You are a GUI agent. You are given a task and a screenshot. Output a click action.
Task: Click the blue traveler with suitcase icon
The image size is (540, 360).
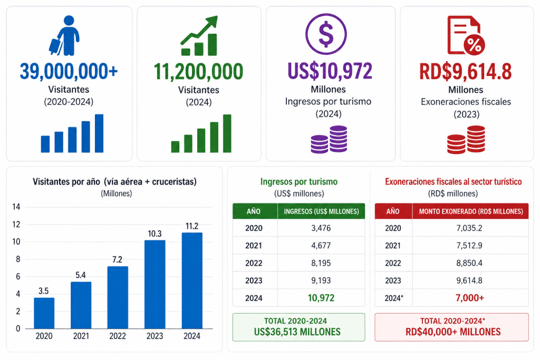point(64,35)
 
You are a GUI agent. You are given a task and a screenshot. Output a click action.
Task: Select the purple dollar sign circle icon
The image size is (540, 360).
point(326,34)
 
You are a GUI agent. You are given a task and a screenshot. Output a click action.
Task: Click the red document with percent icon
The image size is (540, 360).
point(466,35)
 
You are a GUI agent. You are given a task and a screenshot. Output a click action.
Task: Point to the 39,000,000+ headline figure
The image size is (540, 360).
point(69,71)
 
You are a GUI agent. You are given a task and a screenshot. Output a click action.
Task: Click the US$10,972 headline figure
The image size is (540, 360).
point(330,71)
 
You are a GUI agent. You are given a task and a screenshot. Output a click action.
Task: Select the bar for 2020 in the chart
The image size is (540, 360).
point(44,313)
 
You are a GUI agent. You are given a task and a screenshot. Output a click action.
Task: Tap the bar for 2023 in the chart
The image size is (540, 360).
point(155,284)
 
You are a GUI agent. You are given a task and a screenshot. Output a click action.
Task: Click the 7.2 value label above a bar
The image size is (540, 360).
point(117,259)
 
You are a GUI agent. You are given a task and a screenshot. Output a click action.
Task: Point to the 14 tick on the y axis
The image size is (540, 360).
point(16,207)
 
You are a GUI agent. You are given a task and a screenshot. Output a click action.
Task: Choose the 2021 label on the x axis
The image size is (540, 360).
point(81,336)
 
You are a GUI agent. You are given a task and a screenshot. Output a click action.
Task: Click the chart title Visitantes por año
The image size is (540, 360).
point(66,182)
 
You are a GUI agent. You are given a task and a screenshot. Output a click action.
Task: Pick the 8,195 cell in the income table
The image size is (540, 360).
point(321,263)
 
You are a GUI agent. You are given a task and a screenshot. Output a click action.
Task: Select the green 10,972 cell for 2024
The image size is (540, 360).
point(321,298)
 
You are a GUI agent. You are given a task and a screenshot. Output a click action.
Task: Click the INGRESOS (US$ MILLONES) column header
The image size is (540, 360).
point(321,211)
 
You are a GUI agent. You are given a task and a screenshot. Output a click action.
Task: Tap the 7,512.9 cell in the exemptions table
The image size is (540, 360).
point(469,246)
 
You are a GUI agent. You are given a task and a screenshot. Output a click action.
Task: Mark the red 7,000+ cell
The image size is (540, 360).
point(470,298)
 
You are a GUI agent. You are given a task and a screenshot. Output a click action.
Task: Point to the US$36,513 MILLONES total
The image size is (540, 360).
point(297,332)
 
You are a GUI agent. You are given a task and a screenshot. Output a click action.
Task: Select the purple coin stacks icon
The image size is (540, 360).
point(329,139)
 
